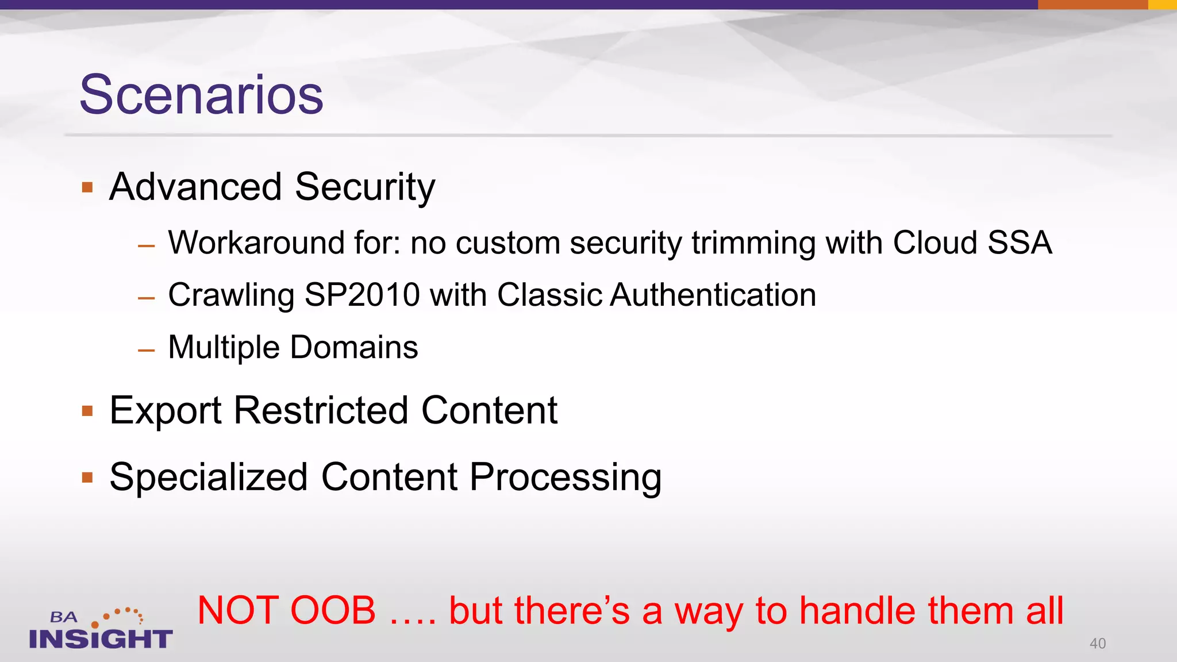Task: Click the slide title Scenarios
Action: pos(201,95)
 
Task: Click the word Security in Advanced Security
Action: pos(365,188)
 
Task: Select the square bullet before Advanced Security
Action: pos(87,187)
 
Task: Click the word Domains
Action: pos(354,348)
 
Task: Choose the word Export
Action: pos(166,411)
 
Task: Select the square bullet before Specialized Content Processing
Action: pos(87,478)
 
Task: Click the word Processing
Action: pos(566,478)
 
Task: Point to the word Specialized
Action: pos(209,478)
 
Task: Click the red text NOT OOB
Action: pos(286,610)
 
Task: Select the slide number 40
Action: pos(1097,644)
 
